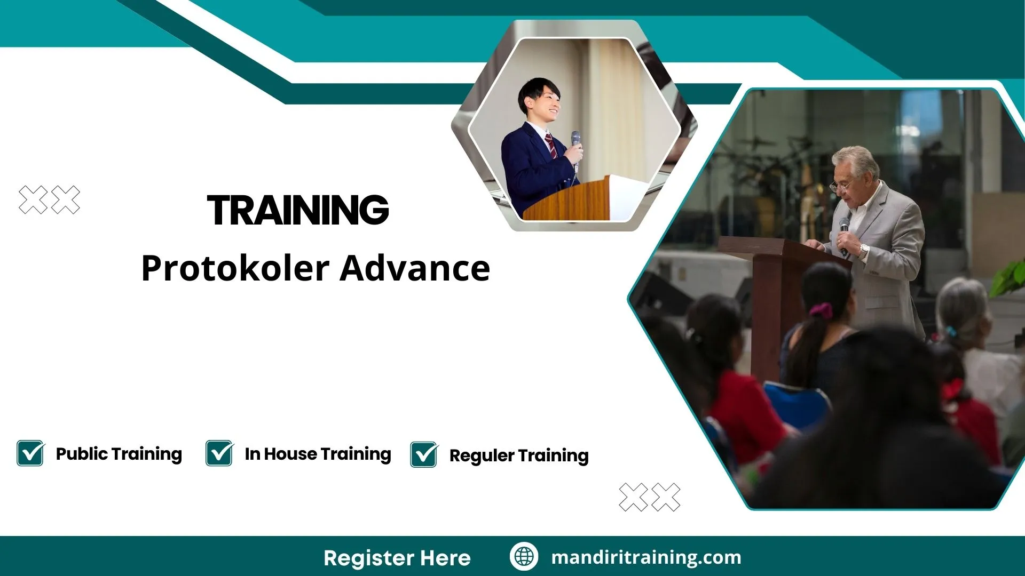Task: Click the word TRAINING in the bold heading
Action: pos(298,210)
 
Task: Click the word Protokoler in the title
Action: pos(235,268)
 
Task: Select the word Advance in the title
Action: pos(415,268)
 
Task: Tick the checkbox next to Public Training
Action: pos(30,453)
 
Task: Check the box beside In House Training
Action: pos(219,453)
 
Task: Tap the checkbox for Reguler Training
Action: pos(424,455)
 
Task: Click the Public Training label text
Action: pos(119,454)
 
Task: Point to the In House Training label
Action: pos(318,454)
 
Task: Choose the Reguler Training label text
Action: pos(519,455)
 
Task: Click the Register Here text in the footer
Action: pos(397,558)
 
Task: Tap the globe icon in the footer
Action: pos(524,556)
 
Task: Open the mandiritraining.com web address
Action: pos(646,557)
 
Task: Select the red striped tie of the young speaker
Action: pos(551,145)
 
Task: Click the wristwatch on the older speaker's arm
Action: pos(863,250)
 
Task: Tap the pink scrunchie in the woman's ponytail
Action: pos(821,310)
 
